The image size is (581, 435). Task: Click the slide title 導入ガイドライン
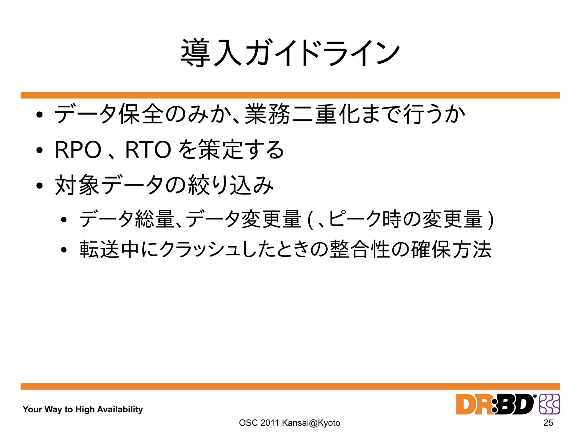290,53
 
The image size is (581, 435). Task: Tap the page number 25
548,423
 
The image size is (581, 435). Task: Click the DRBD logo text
495,404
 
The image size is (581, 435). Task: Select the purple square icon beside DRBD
550,404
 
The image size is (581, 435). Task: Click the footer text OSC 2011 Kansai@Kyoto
289,423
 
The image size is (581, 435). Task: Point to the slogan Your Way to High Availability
83,409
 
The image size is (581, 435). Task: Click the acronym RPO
78,150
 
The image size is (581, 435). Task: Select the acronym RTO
148,150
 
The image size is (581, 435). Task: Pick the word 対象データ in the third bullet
109,185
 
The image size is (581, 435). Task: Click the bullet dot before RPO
39,150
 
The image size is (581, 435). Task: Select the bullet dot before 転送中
64,250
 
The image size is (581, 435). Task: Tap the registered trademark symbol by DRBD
535,396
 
